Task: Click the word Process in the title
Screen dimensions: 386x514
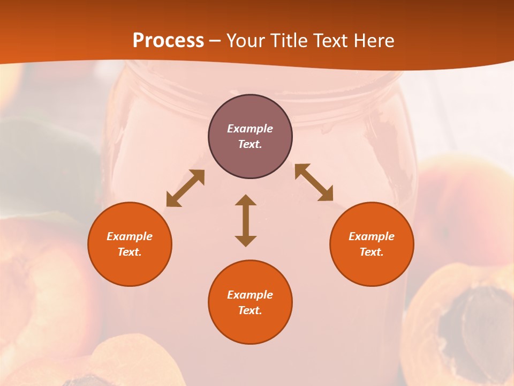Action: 168,41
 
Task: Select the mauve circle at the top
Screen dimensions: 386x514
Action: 250,137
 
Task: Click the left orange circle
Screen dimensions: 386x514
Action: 130,244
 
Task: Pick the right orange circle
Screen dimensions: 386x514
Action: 372,244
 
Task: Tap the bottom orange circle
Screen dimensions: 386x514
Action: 250,302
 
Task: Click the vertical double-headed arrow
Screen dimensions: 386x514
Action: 246,220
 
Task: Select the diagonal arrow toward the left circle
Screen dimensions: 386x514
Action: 185,188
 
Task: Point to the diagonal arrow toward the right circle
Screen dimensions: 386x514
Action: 314,183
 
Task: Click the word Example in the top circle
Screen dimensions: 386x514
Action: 250,129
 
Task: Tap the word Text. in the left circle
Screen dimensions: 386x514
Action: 130,252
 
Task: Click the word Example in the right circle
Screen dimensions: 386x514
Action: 372,236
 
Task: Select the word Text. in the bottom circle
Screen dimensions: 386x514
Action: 250,310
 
